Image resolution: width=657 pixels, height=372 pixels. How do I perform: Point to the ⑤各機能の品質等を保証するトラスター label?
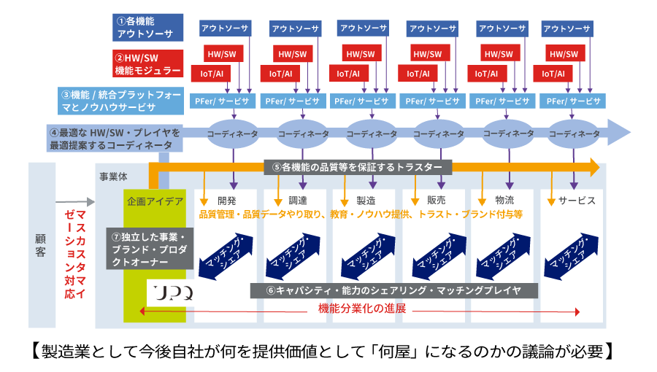click(x=358, y=166)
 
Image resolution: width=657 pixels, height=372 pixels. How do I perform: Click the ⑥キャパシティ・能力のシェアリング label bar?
click(x=394, y=290)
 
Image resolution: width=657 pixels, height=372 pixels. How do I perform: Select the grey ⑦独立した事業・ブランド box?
click(x=150, y=248)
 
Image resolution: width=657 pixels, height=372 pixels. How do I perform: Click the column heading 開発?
click(x=226, y=200)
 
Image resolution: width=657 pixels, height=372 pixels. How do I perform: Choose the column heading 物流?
click(x=504, y=200)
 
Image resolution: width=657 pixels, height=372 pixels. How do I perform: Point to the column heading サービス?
click(x=577, y=200)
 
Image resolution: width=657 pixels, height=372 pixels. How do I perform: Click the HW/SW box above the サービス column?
click(x=564, y=55)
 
